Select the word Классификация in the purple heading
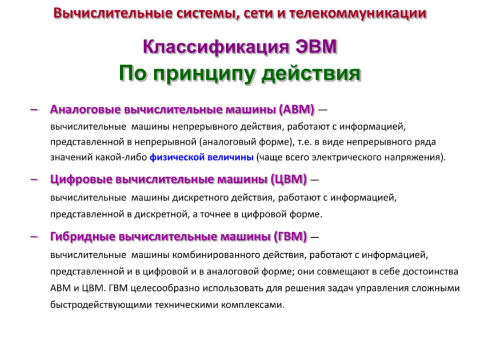point(218,46)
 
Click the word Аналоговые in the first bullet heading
point(86,109)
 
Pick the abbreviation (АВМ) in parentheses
point(297,109)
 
